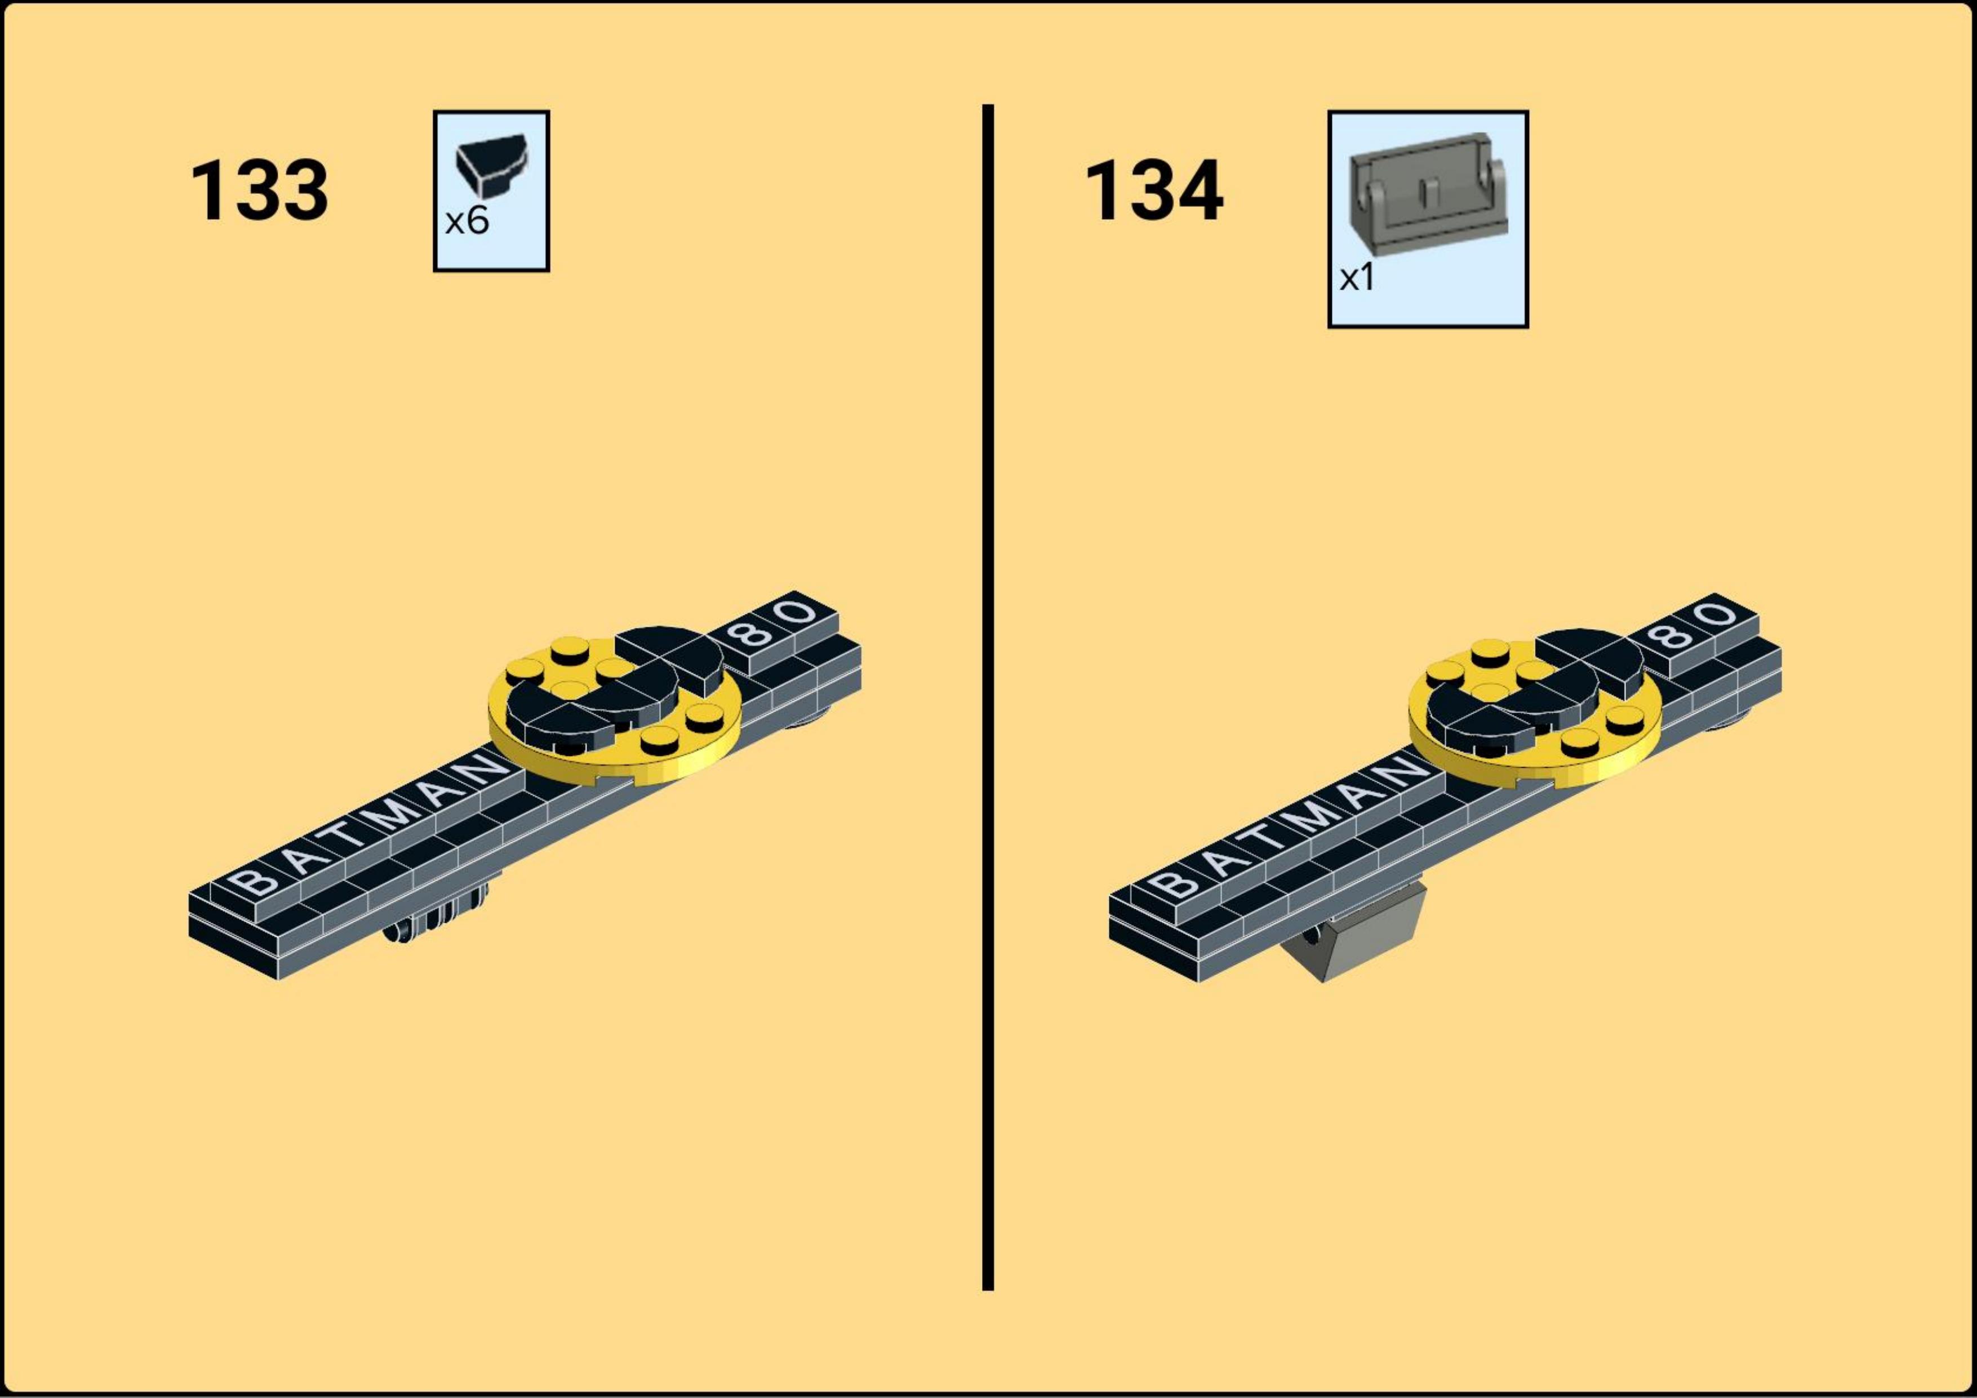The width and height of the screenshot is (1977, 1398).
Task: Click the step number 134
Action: coord(1154,191)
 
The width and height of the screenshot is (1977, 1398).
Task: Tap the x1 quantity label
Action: coord(1357,278)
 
